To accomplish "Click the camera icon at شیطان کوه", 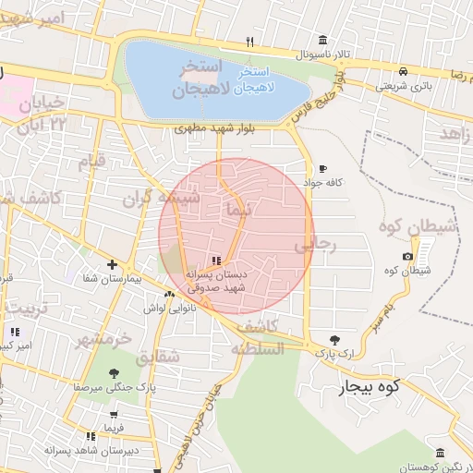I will (408, 256).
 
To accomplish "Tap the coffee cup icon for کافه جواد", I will (321, 168).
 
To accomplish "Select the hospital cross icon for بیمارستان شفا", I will (113, 264).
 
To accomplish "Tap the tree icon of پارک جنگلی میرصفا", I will (114, 373).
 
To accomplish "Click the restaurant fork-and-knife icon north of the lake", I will (249, 42).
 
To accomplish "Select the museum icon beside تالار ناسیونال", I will (321, 40).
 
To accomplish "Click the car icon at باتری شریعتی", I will (404, 71).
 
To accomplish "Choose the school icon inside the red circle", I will (216, 261).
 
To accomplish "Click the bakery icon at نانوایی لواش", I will (168, 296).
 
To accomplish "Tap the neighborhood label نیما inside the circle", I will (237, 211).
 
